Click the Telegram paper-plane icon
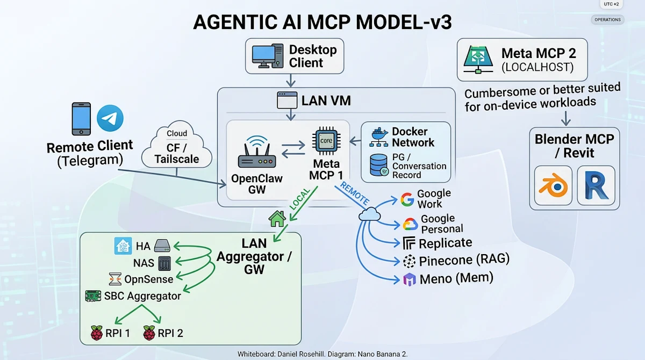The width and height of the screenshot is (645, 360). tap(110, 118)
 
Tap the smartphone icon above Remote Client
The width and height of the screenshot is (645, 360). tap(81, 119)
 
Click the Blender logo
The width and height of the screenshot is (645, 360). tap(554, 186)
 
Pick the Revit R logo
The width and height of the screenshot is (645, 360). tap(596, 186)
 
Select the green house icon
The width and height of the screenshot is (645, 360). tap(277, 219)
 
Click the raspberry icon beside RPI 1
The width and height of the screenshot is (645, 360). tap(97, 333)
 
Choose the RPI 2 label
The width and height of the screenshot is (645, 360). tap(170, 333)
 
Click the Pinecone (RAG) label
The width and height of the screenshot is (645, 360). tap(464, 261)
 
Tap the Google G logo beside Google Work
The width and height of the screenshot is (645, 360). tap(407, 200)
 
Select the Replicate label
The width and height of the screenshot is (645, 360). tap(445, 243)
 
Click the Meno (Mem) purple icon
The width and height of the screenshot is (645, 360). tap(410, 279)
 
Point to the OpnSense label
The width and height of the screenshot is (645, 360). tap(148, 279)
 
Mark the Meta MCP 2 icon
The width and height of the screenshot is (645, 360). tap(477, 59)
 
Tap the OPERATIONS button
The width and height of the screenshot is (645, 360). tap(607, 20)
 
